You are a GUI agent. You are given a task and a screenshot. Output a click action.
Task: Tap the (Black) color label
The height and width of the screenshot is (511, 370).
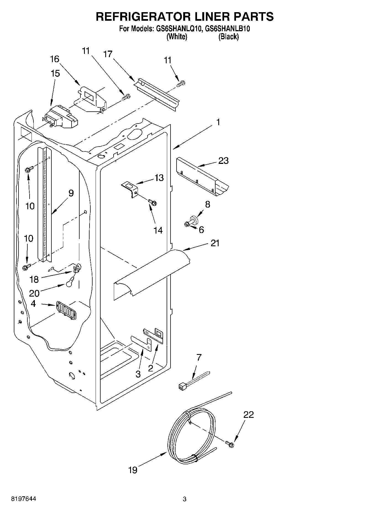pyautogui.click(x=228, y=36)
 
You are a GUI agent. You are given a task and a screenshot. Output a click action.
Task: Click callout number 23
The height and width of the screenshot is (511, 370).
pyautogui.click(x=223, y=161)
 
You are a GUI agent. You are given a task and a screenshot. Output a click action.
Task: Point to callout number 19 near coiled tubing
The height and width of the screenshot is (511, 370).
pyautogui.click(x=133, y=470)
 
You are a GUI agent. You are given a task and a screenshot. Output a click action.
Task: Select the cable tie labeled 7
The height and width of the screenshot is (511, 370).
pyautogui.click(x=193, y=380)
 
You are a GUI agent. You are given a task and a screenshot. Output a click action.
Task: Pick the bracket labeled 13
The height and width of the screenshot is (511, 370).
pyautogui.click(x=130, y=189)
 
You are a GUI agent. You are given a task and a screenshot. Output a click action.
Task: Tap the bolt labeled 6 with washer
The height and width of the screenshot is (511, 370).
pyautogui.click(x=188, y=224)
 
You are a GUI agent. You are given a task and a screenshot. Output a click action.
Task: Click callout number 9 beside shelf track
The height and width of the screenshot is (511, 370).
pyautogui.click(x=71, y=193)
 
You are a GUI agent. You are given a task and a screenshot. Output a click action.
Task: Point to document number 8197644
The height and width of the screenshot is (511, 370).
pyautogui.click(x=23, y=499)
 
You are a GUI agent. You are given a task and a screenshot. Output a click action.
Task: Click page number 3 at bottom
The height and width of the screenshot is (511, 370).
pyautogui.click(x=185, y=499)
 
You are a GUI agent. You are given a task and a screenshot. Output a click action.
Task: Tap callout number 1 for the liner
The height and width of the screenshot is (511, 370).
pyautogui.click(x=218, y=122)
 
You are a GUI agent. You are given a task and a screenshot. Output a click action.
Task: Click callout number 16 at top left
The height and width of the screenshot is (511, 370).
pyautogui.click(x=55, y=59)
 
